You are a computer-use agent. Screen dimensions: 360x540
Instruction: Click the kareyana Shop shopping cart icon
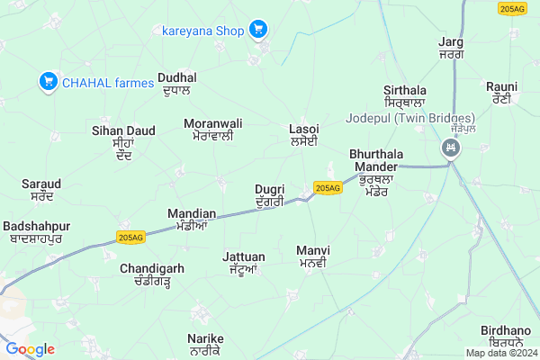[259, 30]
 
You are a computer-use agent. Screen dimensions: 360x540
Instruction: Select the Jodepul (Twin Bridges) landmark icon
[448, 148]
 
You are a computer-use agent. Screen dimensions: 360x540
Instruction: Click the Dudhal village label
[177, 84]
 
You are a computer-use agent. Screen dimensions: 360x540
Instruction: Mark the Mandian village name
[193, 219]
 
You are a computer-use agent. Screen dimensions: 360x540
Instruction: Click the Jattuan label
[244, 262]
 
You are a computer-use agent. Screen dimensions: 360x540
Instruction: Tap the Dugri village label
[270, 195]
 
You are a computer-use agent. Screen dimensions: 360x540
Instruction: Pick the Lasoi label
[304, 135]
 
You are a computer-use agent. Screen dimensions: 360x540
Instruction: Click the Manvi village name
[314, 256]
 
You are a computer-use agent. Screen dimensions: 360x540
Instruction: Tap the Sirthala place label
[404, 97]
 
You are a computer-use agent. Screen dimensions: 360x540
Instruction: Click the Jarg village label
[450, 48]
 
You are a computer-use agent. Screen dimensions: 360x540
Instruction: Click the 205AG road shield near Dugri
[328, 187]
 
